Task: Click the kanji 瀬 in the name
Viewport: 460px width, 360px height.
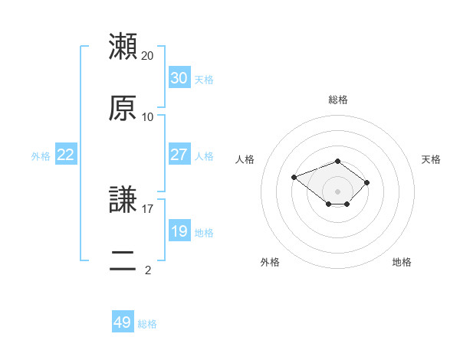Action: [x=123, y=46]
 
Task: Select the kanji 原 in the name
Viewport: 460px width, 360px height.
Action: [x=123, y=108]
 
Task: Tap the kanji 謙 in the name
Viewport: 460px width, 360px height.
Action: [x=123, y=199]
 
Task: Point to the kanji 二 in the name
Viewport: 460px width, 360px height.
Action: [x=123, y=260]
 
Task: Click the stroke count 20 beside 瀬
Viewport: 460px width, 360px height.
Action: [x=147, y=56]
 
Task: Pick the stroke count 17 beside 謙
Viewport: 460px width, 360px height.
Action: [x=147, y=209]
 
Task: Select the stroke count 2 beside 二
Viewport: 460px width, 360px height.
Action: [x=148, y=270]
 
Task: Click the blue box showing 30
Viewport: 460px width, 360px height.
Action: [x=179, y=77]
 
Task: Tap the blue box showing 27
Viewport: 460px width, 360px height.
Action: [x=179, y=154]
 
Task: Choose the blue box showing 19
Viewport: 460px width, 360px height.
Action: [x=179, y=230]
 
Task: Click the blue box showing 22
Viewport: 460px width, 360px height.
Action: [x=66, y=154]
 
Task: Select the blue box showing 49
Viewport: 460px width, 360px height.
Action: [x=123, y=321]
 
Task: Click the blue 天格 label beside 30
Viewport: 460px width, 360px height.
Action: [x=204, y=80]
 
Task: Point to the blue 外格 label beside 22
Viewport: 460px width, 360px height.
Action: [x=41, y=156]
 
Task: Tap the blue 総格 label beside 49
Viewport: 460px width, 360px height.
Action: [x=147, y=324]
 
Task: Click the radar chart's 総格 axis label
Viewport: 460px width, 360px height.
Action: [x=338, y=100]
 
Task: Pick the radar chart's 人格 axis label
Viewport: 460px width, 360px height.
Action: [x=245, y=159]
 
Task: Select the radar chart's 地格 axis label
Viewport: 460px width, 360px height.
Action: [x=402, y=262]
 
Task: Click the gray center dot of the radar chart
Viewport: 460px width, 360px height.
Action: [x=337, y=191]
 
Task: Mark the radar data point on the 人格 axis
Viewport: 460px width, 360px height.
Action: [x=294, y=177]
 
